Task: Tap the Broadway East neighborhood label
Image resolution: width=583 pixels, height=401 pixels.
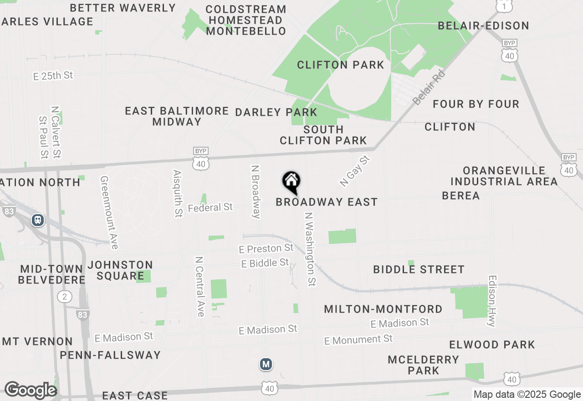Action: point(327,202)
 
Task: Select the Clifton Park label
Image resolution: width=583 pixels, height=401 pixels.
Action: point(341,65)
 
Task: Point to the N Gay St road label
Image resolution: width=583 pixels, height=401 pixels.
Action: point(356,171)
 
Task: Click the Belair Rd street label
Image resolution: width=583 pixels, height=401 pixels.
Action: point(429,88)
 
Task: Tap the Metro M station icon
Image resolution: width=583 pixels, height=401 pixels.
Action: point(266,364)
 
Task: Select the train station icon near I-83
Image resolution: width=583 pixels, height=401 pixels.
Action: point(38,220)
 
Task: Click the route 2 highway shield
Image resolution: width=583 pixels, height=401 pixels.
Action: point(65,297)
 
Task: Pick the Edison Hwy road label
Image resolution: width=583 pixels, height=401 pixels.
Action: point(491,301)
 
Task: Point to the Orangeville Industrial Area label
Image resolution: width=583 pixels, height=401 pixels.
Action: point(504,176)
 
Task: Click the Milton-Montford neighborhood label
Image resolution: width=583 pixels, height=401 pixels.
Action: point(383,309)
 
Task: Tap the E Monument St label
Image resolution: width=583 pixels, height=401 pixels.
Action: point(358,340)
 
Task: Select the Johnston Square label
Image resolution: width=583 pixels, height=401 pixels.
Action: point(120,270)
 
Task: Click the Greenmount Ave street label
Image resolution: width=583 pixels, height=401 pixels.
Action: point(109,213)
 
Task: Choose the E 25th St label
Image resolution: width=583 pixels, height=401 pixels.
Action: point(53,76)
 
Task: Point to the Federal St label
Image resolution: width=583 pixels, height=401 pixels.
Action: point(210,208)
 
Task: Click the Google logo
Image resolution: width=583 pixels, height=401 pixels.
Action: point(30,390)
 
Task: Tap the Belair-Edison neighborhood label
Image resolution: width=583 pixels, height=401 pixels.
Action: point(483,26)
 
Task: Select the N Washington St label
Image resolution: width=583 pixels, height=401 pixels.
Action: point(310,249)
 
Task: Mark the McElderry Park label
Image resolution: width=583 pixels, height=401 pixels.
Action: point(424,365)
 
